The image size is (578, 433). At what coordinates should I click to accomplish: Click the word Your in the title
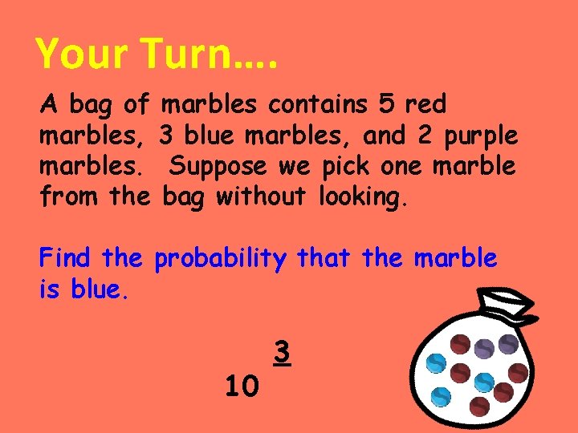click(81, 55)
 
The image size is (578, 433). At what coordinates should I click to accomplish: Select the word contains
click(315, 103)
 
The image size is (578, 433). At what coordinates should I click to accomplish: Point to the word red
click(425, 103)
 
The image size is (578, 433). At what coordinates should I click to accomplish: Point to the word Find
click(67, 258)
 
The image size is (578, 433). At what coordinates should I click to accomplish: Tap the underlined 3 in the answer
click(281, 352)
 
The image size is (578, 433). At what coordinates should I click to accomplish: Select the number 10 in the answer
click(242, 387)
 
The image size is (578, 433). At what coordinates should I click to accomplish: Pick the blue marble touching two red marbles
click(483, 382)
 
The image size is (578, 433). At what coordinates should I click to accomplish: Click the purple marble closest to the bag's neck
click(484, 348)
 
